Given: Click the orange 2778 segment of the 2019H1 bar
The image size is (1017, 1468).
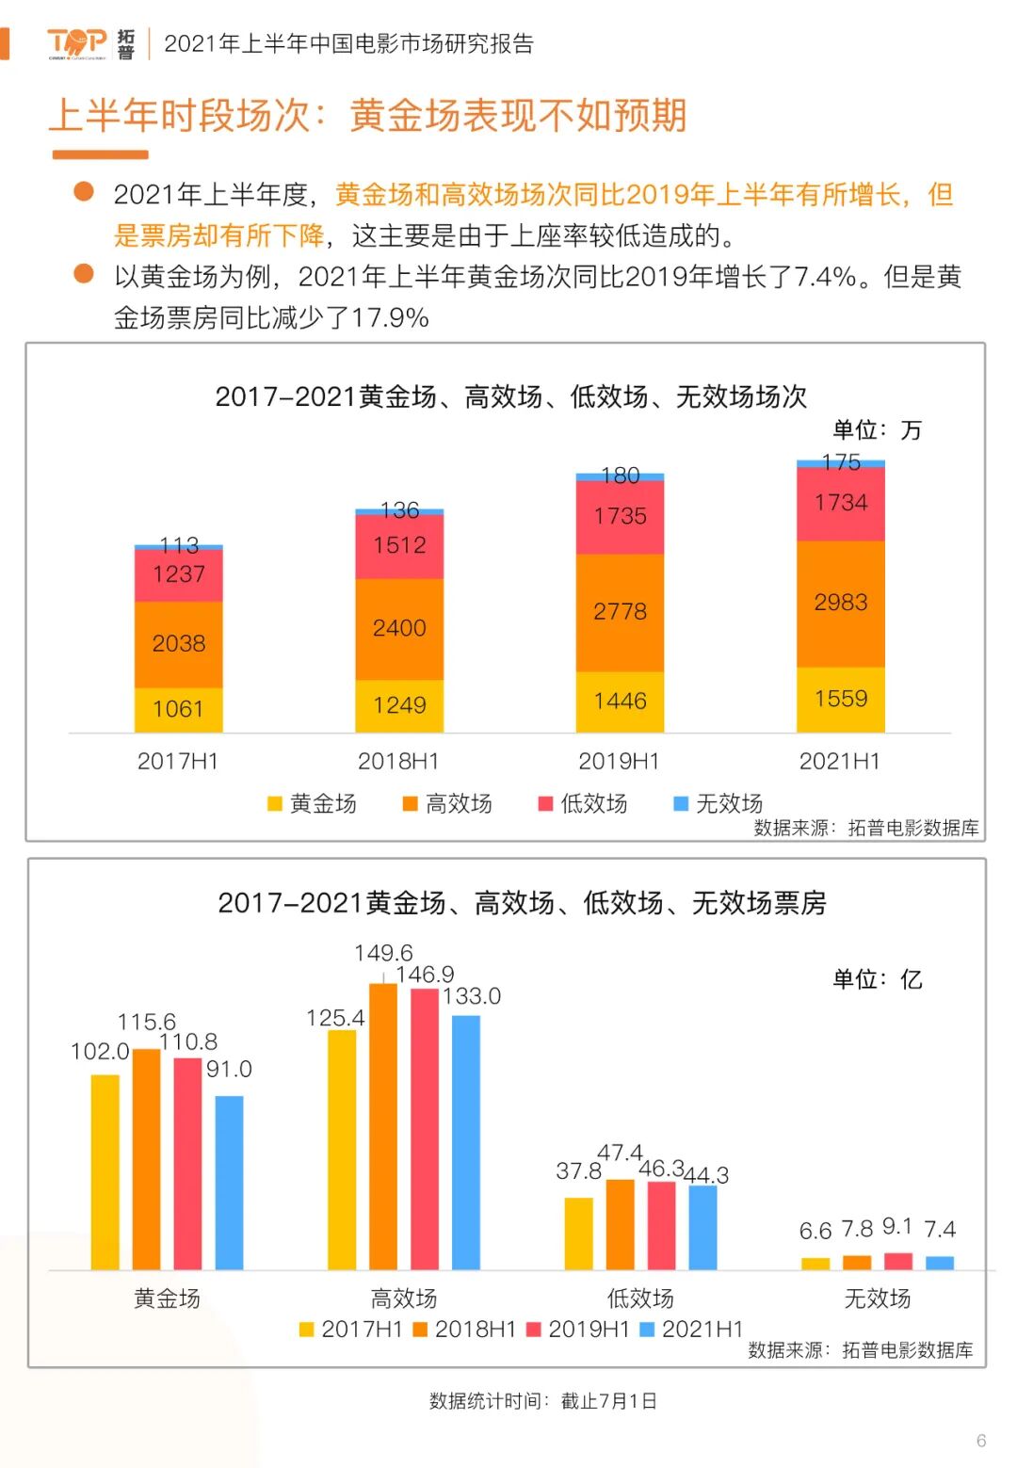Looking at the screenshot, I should pyautogui.click(x=620, y=612).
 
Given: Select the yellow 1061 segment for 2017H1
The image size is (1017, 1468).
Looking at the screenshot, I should pyautogui.click(x=178, y=709).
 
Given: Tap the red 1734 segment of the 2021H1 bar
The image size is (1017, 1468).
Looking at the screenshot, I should pyautogui.click(x=840, y=503).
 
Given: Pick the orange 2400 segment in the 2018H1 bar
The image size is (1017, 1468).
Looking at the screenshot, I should pyautogui.click(x=399, y=628).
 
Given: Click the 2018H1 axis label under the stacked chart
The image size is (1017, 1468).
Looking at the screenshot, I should pyautogui.click(x=398, y=761).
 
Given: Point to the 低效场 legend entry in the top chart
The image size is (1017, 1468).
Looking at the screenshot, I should pyautogui.click(x=583, y=803).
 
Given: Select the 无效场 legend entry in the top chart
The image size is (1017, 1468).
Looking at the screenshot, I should pyautogui.click(x=718, y=803).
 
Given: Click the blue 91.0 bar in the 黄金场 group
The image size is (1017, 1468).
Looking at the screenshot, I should pyautogui.click(x=229, y=1182).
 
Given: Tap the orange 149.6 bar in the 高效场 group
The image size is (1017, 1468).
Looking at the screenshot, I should pyautogui.click(x=383, y=1125).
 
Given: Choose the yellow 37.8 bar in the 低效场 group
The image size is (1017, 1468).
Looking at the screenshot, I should pyautogui.click(x=578, y=1233).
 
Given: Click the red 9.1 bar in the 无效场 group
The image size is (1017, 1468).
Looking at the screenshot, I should pyautogui.click(x=898, y=1261).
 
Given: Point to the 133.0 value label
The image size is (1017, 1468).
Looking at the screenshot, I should pyautogui.click(x=472, y=996).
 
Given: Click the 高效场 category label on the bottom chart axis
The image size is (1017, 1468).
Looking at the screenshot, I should pyautogui.click(x=403, y=1299).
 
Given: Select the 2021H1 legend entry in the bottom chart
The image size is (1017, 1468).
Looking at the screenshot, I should pyautogui.click(x=692, y=1329).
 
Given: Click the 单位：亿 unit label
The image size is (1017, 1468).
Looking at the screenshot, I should pyautogui.click(x=877, y=979).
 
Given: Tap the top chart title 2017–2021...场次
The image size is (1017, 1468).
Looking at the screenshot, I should pyautogui.click(x=510, y=396).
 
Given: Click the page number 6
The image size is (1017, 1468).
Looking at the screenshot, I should pyautogui.click(x=981, y=1441).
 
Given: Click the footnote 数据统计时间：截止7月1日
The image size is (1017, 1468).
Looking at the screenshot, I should pyautogui.click(x=542, y=1400).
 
